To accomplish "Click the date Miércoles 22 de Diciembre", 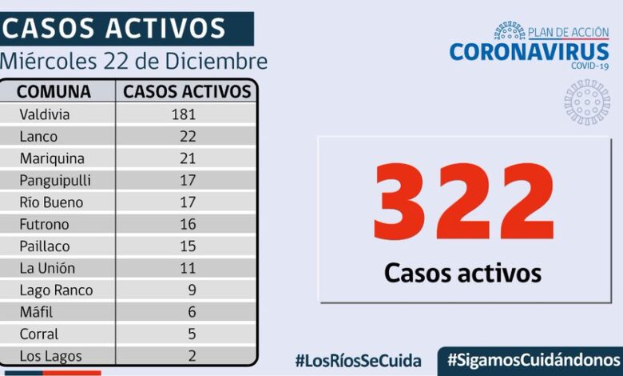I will (134, 62).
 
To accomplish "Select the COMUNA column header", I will (54, 91).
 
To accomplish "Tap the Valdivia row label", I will (45, 114).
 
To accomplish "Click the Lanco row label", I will (38, 137).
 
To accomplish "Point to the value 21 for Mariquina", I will (188, 158).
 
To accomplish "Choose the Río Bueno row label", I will (51, 202).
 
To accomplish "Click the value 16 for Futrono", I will (188, 225).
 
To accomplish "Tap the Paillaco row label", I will (44, 246).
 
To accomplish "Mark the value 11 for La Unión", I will (188, 269).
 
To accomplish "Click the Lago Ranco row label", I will (56, 290).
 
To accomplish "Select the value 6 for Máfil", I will (191, 313).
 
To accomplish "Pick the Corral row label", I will (39, 334).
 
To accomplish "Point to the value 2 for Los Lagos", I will (191, 356).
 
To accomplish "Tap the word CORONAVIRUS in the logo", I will (529, 52).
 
